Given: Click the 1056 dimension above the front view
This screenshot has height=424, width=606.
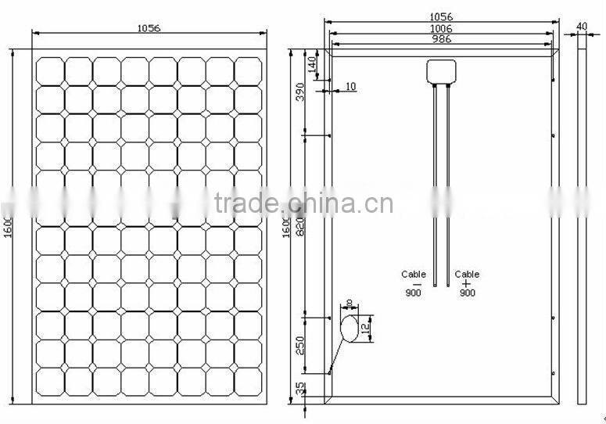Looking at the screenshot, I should coord(149,27).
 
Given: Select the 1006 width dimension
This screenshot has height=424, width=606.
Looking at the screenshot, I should coord(442,28).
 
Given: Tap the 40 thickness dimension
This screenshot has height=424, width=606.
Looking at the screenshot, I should coord(581,26).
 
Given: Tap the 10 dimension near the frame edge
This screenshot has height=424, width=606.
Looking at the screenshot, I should coord(350,86).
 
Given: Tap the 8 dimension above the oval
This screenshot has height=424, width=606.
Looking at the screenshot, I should coord(349,302).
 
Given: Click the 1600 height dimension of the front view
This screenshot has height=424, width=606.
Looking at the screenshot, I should coord(9,226).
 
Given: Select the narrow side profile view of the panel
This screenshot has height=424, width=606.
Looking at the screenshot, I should coord(581,226).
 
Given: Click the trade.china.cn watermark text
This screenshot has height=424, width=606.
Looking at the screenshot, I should coord(303,204).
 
